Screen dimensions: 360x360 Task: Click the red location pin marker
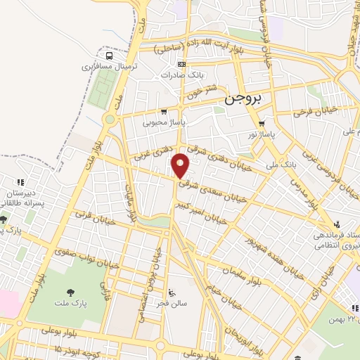coord(181,166)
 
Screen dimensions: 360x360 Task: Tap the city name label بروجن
coord(244,101)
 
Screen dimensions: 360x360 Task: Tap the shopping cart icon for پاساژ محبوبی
coord(164,111)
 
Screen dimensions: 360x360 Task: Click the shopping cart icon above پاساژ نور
coord(262,123)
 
